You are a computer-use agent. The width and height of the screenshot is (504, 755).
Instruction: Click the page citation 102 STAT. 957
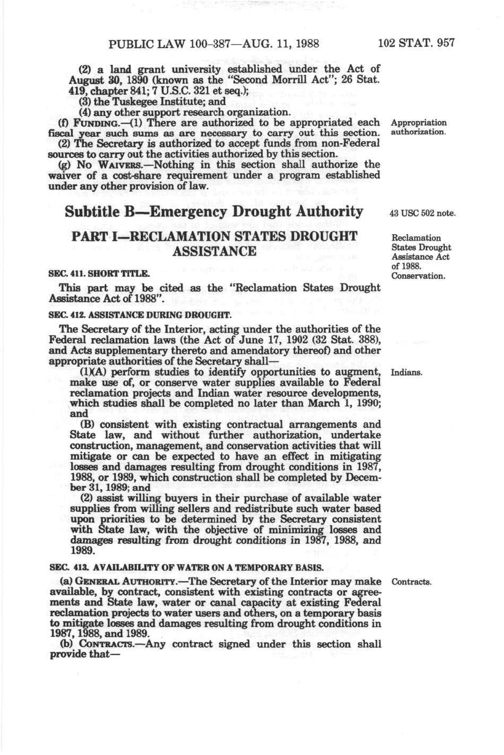(416, 43)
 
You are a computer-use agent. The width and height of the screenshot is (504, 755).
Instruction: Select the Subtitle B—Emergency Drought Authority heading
(214, 211)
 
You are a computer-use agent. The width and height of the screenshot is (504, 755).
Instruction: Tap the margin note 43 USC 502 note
(422, 213)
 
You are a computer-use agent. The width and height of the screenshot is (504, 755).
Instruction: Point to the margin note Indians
(407, 372)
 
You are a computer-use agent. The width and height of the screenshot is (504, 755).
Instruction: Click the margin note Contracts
(411, 582)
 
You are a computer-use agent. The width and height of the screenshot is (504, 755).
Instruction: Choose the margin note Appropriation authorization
(419, 127)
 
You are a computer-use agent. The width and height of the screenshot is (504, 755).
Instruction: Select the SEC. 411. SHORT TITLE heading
(99, 274)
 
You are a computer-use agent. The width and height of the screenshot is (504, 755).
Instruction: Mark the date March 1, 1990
(345, 403)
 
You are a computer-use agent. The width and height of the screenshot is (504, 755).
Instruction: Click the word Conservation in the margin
(418, 276)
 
